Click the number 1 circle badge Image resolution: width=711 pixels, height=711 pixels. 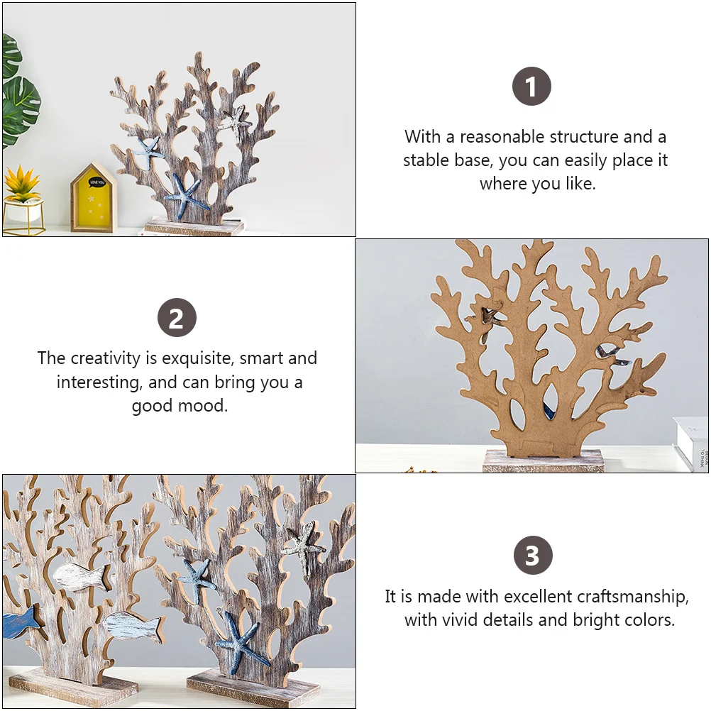(x=531, y=87)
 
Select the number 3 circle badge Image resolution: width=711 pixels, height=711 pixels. (x=532, y=556)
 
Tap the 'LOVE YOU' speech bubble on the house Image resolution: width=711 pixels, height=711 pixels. (x=95, y=183)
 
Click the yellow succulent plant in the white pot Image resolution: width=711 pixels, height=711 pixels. (x=22, y=184)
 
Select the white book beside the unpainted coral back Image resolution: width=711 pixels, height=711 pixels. (x=690, y=443)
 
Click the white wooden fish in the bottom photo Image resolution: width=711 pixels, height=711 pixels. (x=81, y=575)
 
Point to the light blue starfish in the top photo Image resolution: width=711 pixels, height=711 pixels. (x=150, y=150)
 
